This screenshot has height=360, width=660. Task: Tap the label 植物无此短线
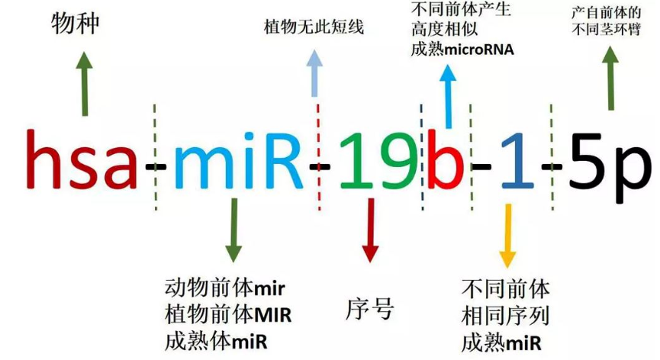314,28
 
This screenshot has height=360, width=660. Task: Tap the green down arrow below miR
233,238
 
